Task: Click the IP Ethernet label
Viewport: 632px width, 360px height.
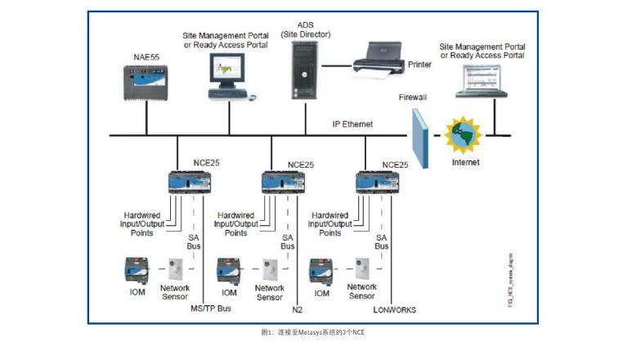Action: [x=352, y=124]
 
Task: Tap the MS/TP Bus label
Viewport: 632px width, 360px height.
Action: [x=210, y=309]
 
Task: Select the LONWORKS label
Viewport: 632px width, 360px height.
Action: [x=396, y=309]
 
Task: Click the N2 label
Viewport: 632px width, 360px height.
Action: [x=296, y=309]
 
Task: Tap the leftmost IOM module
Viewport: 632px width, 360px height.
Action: [x=135, y=270]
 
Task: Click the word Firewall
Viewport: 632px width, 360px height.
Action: [x=413, y=97]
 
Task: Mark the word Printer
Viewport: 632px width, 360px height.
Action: [x=419, y=63]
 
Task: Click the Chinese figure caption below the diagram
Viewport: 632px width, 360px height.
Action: [x=313, y=333]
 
